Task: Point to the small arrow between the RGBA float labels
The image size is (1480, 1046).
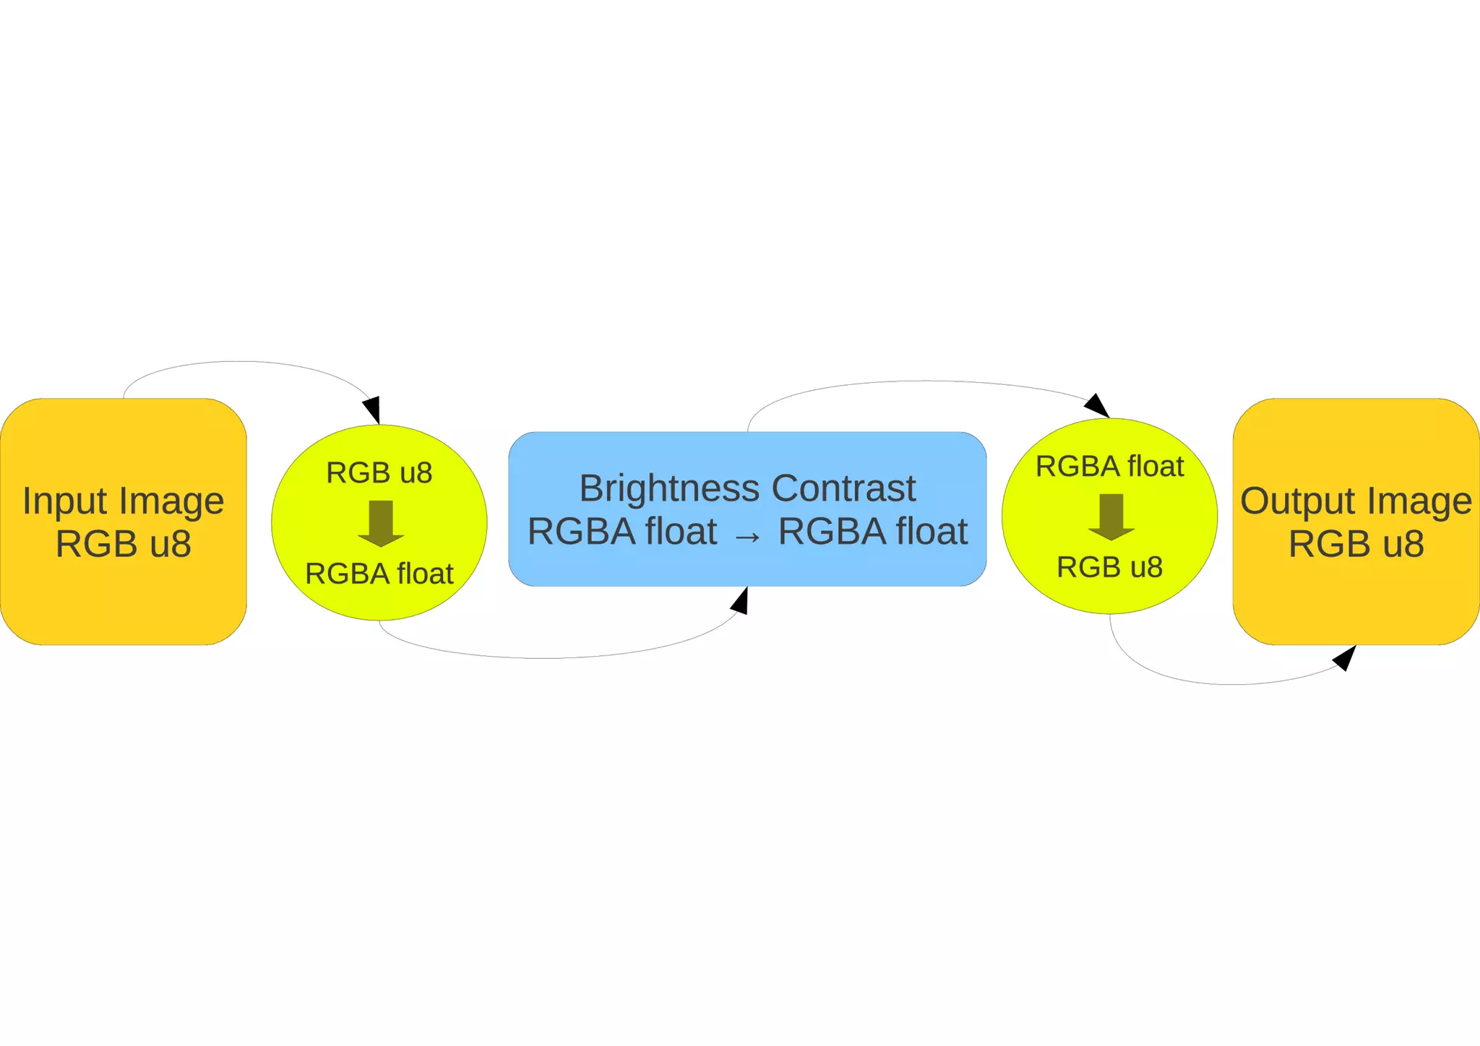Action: pyautogui.click(x=747, y=536)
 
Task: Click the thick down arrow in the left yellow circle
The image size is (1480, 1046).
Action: pyautogui.click(x=381, y=522)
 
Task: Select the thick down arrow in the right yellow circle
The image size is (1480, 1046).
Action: pyautogui.click(x=1111, y=516)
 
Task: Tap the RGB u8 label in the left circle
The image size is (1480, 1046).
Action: pyautogui.click(x=379, y=473)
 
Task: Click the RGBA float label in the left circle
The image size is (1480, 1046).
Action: pyautogui.click(x=379, y=574)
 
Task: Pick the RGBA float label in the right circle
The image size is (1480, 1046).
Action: pyautogui.click(x=1109, y=467)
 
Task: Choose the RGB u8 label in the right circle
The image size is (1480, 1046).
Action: pyautogui.click(x=1109, y=567)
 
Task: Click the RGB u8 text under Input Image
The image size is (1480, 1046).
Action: pyautogui.click(x=124, y=544)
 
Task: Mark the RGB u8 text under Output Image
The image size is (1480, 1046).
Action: pyautogui.click(x=1356, y=544)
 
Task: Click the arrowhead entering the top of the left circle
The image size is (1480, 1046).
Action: pyautogui.click(x=372, y=410)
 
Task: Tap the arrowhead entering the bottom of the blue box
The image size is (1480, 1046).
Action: pyautogui.click(x=740, y=601)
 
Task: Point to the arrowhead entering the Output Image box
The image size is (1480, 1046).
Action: pyautogui.click(x=1344, y=657)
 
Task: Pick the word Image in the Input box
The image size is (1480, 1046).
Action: pyautogui.click(x=171, y=501)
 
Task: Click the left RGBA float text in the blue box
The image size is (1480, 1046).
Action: pyautogui.click(x=622, y=532)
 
